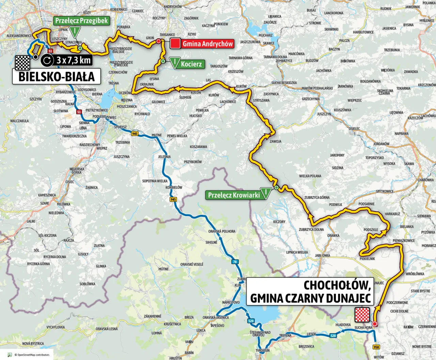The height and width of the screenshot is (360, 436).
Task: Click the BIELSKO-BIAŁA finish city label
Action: point(57,76)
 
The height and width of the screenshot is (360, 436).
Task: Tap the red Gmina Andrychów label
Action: point(207,44)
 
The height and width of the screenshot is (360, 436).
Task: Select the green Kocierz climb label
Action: point(191,64)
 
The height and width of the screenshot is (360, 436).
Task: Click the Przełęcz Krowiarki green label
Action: point(234,195)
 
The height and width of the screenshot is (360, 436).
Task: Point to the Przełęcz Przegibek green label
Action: point(81,20)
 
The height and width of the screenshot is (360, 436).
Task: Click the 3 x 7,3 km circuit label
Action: point(74,60)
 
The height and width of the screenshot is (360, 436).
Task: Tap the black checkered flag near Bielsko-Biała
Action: point(23,62)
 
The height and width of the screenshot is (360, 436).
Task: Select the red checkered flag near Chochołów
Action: point(362,314)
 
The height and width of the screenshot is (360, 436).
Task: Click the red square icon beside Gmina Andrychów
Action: point(175,44)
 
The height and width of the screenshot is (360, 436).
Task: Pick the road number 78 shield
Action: point(235,262)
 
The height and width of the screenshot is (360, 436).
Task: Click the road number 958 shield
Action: point(376,347)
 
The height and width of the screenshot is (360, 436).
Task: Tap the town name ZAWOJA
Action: point(275,141)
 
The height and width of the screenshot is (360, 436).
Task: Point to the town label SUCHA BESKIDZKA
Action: point(284,83)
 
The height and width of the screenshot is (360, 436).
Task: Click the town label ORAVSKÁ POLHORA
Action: point(222,231)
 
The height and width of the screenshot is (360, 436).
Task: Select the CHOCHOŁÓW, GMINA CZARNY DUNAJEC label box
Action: point(310,291)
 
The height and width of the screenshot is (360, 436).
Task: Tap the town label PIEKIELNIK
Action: point(367,259)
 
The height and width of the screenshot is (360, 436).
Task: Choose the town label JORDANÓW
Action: point(381,144)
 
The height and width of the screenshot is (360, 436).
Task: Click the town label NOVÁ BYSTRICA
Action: point(33,343)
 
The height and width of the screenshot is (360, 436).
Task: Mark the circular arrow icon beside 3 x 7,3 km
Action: point(47,61)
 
